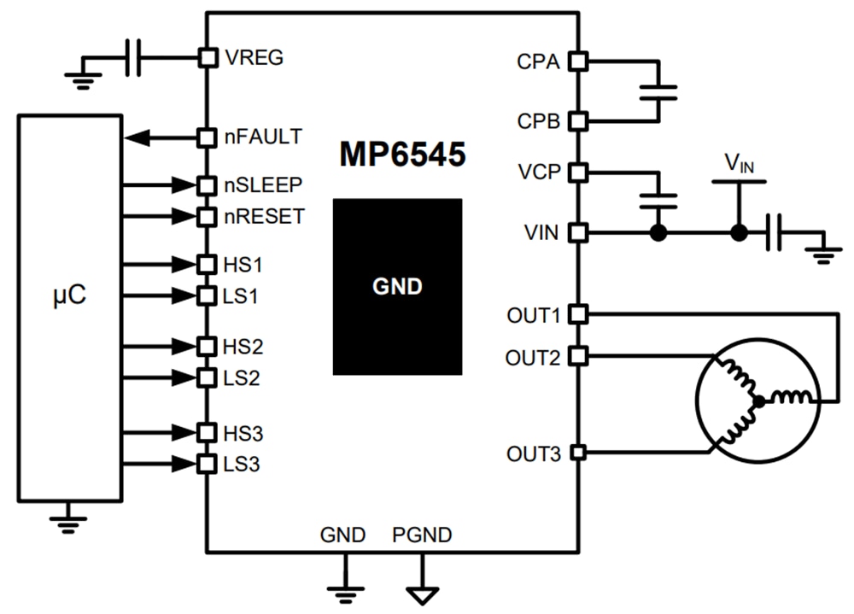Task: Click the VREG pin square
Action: (x=208, y=57)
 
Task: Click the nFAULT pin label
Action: (x=262, y=136)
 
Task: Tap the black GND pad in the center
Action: (x=397, y=287)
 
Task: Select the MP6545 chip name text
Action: (x=402, y=155)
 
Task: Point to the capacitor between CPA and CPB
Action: (x=658, y=91)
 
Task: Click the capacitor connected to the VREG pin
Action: (x=132, y=57)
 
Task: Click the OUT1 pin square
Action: (x=578, y=314)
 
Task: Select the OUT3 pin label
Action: (x=532, y=453)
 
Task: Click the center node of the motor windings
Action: (x=757, y=400)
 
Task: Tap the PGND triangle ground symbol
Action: (x=422, y=595)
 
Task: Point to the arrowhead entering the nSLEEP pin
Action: (x=184, y=184)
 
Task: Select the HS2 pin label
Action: (x=243, y=347)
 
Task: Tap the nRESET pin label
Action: (x=264, y=216)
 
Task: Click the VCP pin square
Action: (x=578, y=172)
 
